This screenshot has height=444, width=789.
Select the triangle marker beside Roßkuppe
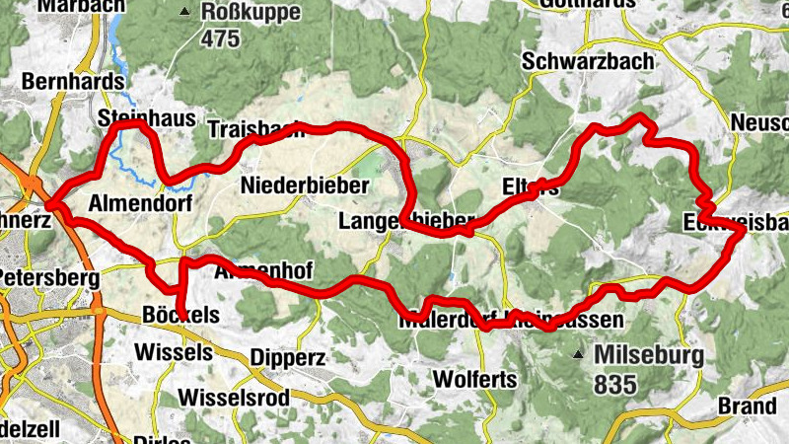click(x=184, y=13)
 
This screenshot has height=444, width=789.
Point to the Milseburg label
click(x=648, y=355)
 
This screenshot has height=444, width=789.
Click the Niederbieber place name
click(x=305, y=185)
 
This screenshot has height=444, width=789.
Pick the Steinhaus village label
click(x=147, y=118)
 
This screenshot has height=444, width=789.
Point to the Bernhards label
click(x=73, y=81)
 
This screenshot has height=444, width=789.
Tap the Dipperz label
click(x=287, y=357)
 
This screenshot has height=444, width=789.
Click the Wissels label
click(x=173, y=351)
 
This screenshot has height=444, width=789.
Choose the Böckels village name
click(x=180, y=316)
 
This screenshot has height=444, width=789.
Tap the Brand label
click(x=748, y=406)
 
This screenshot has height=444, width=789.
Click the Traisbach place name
click(x=254, y=130)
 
